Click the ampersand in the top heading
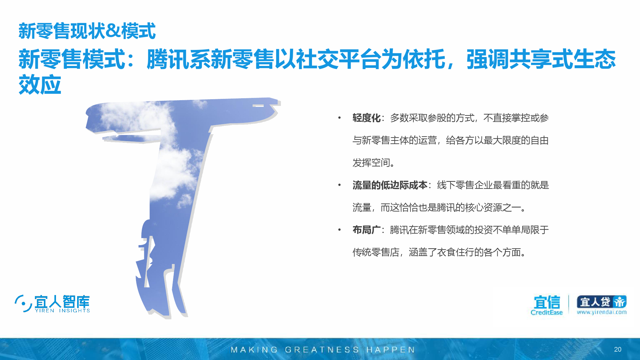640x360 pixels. [x=113, y=31]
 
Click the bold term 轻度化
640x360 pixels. [x=366, y=118]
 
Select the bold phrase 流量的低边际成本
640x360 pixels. [x=390, y=185]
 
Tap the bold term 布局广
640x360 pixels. [x=366, y=230]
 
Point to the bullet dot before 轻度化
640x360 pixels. [x=339, y=118]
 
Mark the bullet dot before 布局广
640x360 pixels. [x=339, y=230]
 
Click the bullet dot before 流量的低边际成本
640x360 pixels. [x=339, y=185]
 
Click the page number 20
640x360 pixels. [x=618, y=349]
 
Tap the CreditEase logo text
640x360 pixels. [x=547, y=312]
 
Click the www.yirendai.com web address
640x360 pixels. [x=602, y=312]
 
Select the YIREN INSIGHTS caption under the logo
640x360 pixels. [x=62, y=310]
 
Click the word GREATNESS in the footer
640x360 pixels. [x=322, y=350]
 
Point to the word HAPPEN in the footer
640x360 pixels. [x=390, y=350]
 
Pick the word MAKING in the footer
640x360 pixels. [x=254, y=350]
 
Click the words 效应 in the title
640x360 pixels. [x=40, y=85]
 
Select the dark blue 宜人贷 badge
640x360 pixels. [x=602, y=302]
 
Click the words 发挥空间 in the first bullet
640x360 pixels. [x=371, y=163]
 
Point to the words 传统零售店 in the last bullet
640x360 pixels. [x=376, y=252]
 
